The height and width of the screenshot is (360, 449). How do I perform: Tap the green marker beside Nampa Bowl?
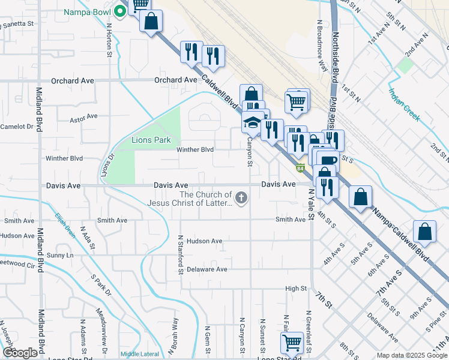point(120,10)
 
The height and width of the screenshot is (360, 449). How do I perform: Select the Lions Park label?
point(151,140)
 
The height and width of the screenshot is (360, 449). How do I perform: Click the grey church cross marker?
point(241,197)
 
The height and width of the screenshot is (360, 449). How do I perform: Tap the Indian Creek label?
point(403,104)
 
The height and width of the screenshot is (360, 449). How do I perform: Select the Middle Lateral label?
point(139,354)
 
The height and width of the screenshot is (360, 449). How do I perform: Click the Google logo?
point(20,353)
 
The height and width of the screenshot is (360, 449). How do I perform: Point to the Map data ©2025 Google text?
point(411,355)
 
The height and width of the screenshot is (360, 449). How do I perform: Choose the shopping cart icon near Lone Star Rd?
point(292,343)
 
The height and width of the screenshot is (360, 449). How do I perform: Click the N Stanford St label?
point(179,253)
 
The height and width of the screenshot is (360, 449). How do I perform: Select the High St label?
point(296,289)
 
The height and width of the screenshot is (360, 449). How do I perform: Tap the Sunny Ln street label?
point(60,256)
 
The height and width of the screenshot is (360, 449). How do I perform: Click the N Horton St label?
point(109,40)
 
